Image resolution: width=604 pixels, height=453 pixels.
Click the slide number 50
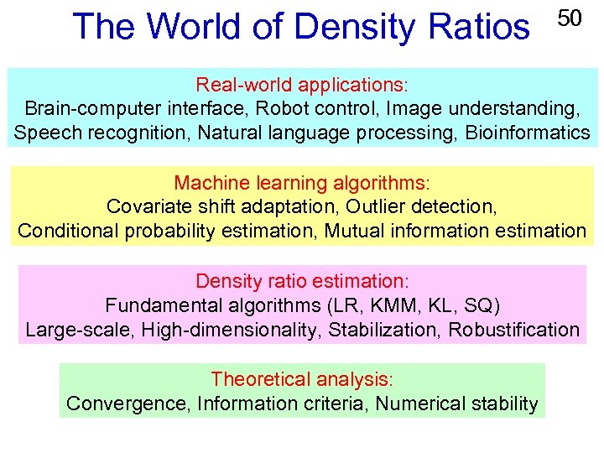click(x=570, y=18)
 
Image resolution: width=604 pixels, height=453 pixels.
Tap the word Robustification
click(x=513, y=330)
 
